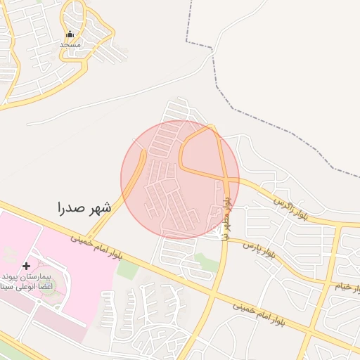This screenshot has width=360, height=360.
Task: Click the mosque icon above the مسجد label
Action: pos(69,34)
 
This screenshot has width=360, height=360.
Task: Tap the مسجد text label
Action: pos(70,44)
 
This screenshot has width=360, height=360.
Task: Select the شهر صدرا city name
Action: pos(84,207)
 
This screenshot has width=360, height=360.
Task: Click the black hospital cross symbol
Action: pos(27,266)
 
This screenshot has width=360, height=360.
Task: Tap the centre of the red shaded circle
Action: pos(180,179)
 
